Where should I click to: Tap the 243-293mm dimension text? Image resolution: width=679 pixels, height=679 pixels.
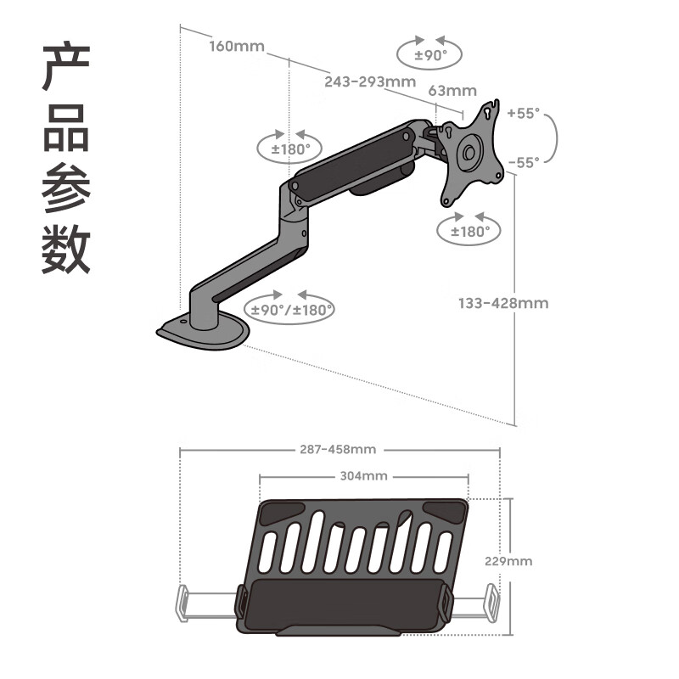pos(369,82)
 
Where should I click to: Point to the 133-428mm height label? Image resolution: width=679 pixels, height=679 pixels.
pos(503,303)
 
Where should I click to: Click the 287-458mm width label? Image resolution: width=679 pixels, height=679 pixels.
pos(337,449)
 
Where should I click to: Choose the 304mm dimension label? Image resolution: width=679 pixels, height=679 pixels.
pos(363,476)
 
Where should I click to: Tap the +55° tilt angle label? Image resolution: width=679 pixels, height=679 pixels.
pos(523,113)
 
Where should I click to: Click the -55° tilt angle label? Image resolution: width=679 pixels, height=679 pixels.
pos(523,162)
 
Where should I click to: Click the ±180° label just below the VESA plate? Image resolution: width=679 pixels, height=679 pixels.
pos(469,231)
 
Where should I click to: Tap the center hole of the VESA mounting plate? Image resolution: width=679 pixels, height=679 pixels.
pos(468,153)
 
